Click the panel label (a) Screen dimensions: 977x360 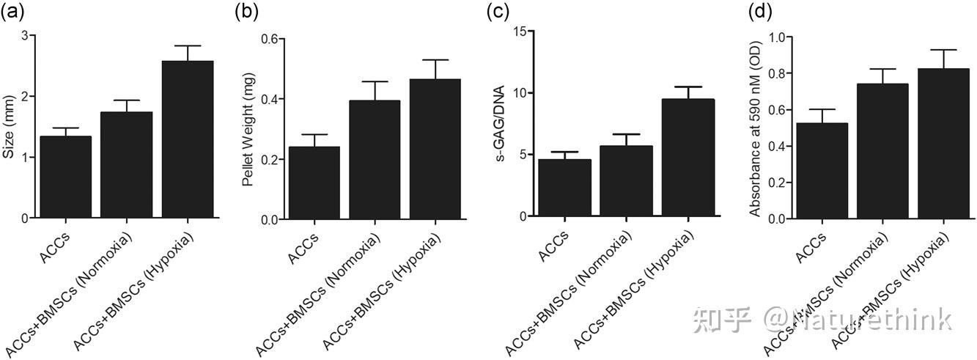coord(12,12)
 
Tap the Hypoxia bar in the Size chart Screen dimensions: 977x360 coord(188,139)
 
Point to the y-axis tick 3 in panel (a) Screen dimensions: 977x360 coord(25,35)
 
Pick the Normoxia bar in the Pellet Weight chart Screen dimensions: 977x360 coord(375,160)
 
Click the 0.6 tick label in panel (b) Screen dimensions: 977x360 coord(270,39)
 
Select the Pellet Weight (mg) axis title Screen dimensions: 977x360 coord(248,130)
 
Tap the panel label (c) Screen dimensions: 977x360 coord(498,12)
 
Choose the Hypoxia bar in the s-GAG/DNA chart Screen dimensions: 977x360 coord(687,158)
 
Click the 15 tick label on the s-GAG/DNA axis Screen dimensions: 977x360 coord(519,32)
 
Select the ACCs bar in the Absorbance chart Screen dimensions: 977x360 coord(822,171)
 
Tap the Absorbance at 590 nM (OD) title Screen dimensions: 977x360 coord(755,129)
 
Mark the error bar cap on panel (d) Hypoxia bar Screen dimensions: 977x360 coord(944,50)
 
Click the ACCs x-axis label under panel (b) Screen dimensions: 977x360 coord(303,249)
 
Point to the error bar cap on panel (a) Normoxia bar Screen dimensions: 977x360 coord(127,100)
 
